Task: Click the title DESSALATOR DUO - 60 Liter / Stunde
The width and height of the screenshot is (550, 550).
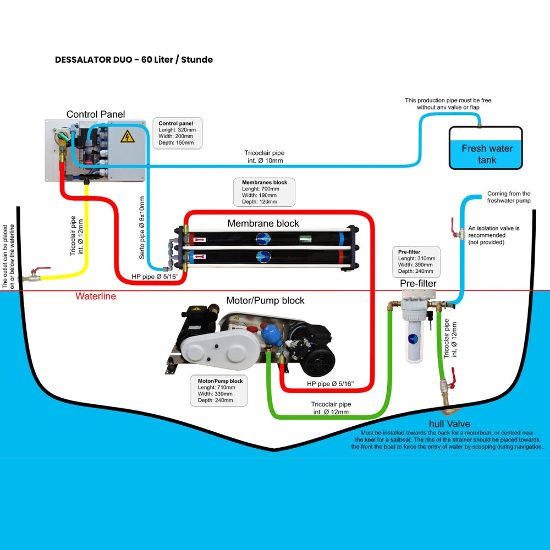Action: tap(134, 59)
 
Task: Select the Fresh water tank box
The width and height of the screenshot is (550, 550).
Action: tap(486, 148)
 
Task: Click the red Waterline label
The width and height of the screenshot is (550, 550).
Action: tap(96, 296)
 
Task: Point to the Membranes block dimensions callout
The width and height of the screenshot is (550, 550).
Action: tap(265, 192)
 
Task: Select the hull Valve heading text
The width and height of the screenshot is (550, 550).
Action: tap(449, 424)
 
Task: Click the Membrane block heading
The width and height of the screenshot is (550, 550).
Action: tap(263, 223)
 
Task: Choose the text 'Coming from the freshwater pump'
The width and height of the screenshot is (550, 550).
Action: tap(509, 197)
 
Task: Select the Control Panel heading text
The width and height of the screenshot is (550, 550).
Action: tap(96, 114)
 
